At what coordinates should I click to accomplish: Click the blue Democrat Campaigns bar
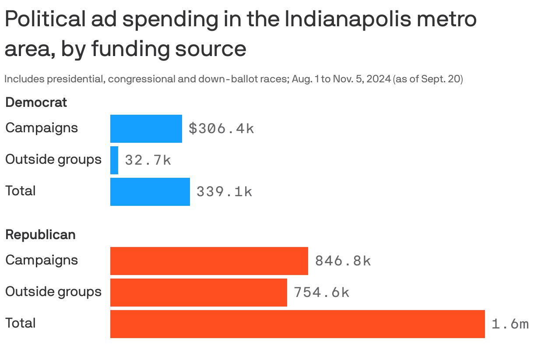(x=146, y=129)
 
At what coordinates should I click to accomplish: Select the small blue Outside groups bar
(x=114, y=160)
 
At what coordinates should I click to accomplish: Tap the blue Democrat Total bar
(x=150, y=192)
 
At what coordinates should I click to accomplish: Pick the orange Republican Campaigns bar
(x=209, y=261)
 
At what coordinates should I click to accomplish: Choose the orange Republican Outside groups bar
(x=198, y=293)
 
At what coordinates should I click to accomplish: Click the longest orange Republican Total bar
(x=297, y=324)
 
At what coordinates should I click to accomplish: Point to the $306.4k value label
(x=221, y=129)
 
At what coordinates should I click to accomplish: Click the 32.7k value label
(x=148, y=160)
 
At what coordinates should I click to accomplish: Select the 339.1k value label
(x=224, y=192)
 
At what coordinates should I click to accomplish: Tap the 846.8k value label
(x=343, y=261)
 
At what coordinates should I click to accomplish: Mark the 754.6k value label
(x=321, y=293)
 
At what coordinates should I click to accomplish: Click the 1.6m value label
(x=510, y=324)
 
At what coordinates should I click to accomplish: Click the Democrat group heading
(x=36, y=102)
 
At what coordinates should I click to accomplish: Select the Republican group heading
(x=40, y=235)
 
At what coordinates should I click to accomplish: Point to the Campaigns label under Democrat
(x=42, y=128)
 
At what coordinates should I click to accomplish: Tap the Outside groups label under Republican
(x=53, y=292)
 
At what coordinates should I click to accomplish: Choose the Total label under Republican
(x=20, y=323)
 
